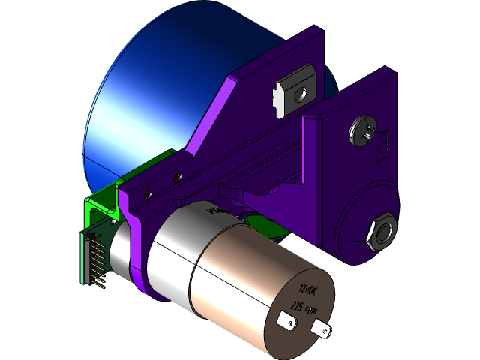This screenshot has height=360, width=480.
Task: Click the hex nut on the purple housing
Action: click(379, 231)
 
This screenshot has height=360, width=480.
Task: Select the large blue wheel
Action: click(150, 97)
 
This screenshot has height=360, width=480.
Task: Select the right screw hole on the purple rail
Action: click(178, 178)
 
